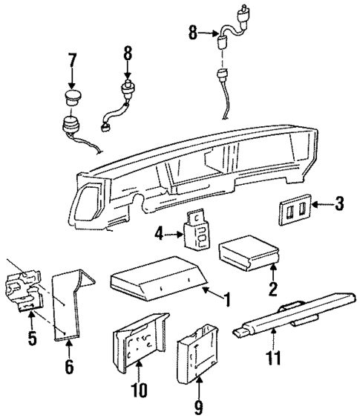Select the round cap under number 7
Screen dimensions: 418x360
click(x=72, y=98)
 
